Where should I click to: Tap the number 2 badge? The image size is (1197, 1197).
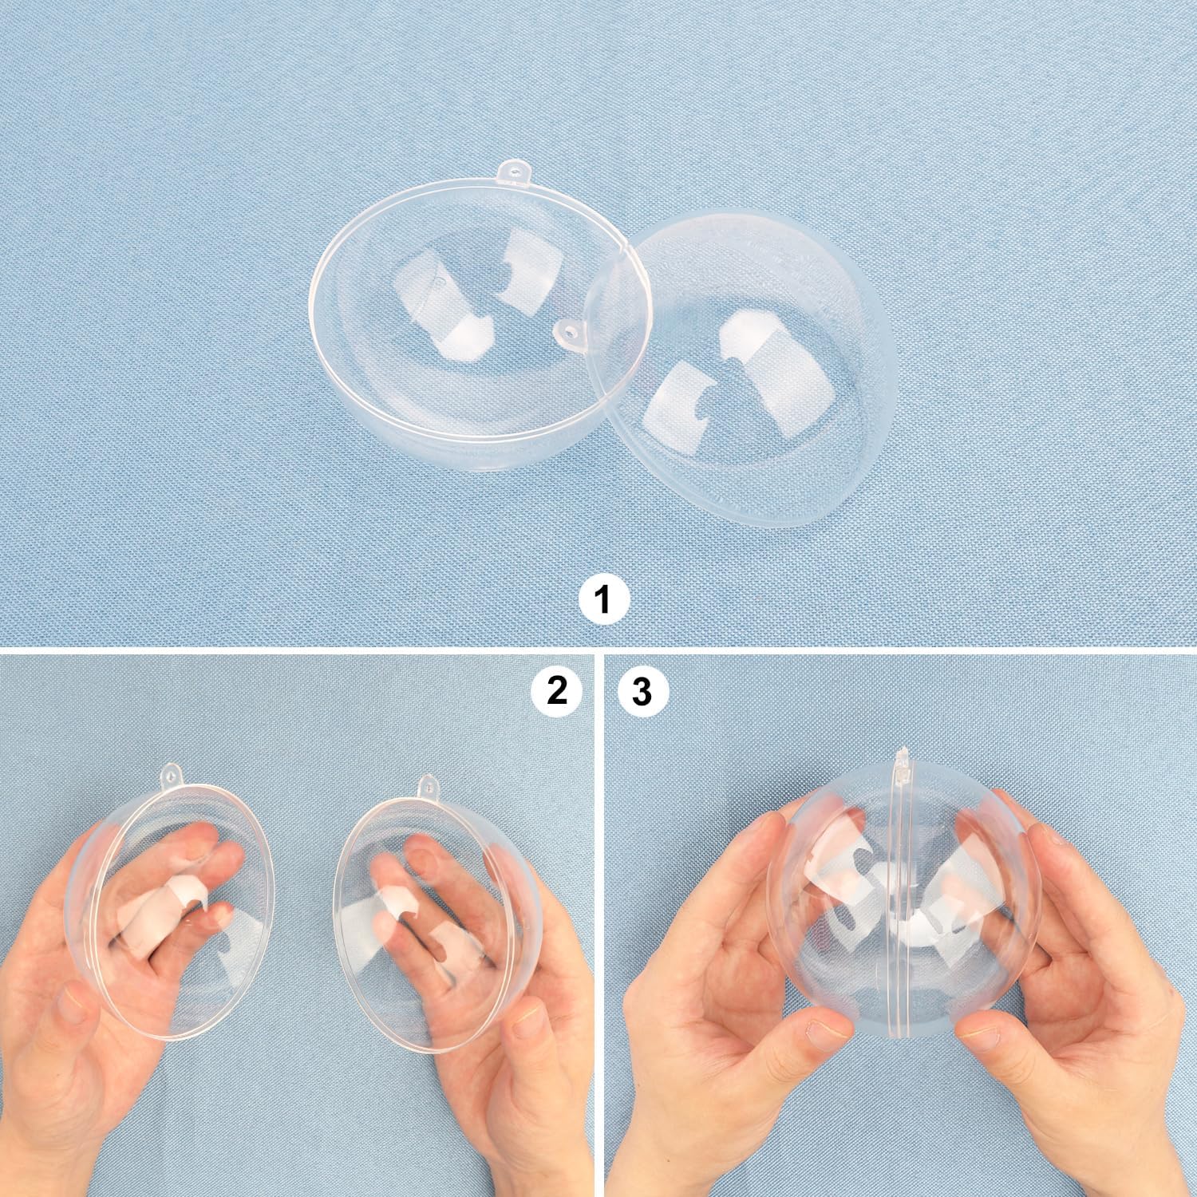556,690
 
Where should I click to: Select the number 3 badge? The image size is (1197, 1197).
641,691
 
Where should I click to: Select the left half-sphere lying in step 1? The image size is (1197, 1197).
447,319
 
